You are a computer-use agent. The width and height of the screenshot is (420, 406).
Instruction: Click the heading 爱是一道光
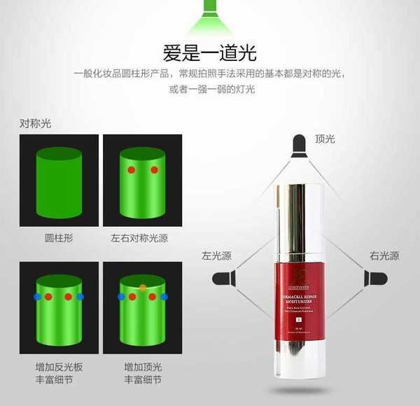point(209,52)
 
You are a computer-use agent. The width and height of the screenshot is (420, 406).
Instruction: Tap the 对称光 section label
point(36,124)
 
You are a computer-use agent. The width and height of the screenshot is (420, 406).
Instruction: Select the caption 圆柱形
point(59,238)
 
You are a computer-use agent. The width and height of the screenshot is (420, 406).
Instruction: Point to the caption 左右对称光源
point(141,238)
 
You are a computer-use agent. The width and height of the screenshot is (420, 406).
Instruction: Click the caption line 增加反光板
point(59,367)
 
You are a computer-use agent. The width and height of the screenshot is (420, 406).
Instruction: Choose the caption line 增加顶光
point(141,367)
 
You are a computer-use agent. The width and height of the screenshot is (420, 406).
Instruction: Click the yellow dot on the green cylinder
point(143,288)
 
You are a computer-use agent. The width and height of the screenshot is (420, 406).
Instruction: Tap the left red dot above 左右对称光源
point(131,170)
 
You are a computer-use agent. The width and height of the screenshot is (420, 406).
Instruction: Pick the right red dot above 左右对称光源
point(154,170)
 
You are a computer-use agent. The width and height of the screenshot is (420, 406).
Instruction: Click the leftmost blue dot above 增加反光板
point(37,297)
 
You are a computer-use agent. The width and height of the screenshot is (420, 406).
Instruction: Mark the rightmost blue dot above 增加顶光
point(164,297)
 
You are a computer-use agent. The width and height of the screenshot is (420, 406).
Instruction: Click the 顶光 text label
point(325,139)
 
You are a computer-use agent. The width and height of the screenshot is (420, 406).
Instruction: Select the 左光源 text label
point(216,256)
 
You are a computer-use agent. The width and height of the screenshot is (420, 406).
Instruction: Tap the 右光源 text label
point(384,256)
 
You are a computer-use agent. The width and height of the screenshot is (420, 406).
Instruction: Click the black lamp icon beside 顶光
point(299,144)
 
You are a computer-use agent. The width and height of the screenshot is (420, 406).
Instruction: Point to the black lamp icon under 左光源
point(223,278)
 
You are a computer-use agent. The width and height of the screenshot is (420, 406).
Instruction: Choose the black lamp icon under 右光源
point(375,278)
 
